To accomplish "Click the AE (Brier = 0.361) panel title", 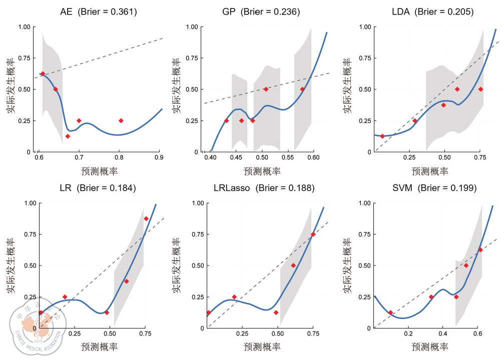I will coord(99,11).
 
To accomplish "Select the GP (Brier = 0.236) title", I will coord(261,11).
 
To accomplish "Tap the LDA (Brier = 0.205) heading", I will coord(432,11).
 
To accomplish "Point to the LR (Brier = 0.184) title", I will coord(98,188).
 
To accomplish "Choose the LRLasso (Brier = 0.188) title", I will coord(263,188).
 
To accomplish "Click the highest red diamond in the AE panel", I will coord(43,73).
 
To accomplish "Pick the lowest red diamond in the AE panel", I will coord(68,136).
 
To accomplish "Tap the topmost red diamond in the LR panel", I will coord(146,218).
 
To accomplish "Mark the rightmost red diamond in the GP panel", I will coord(302,89).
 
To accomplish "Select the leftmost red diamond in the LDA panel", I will coord(382,136).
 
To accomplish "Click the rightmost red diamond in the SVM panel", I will coord(480,249).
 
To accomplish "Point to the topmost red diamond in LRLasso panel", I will coord(313,234).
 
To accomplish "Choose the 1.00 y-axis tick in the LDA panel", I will coord(364,27).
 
